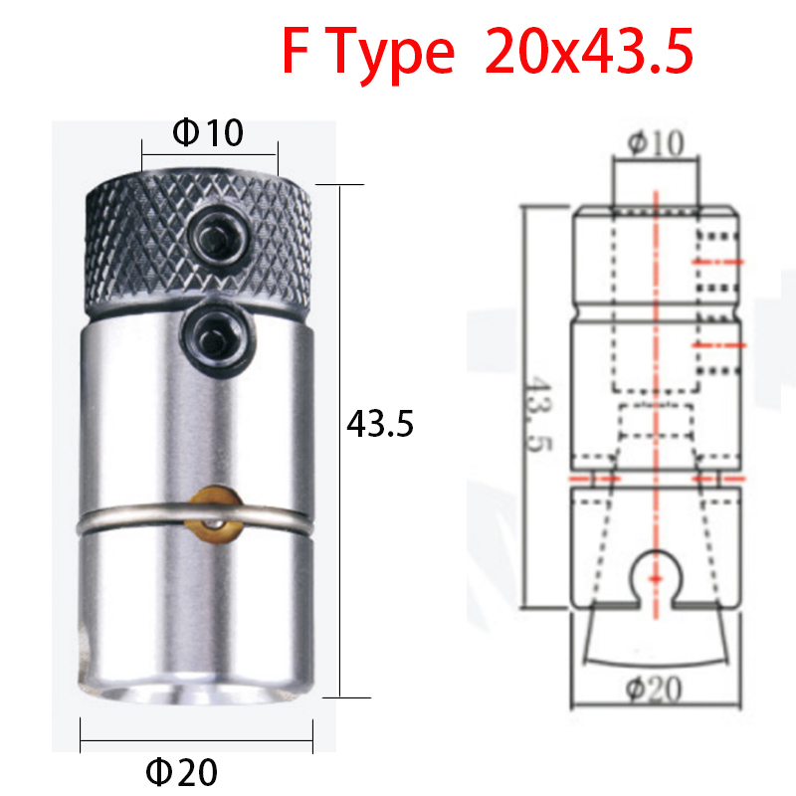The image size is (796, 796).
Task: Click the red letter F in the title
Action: tap(297, 52)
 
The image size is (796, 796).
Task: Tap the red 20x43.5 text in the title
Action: tap(589, 52)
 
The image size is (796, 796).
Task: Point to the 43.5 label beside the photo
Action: tap(379, 425)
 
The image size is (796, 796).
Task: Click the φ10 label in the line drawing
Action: tap(656, 144)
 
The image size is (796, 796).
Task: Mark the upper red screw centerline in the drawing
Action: tap(716, 261)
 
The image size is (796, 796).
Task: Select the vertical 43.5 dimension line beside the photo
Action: tap(341, 438)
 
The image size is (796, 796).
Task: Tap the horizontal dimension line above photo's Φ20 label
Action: tap(196, 740)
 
